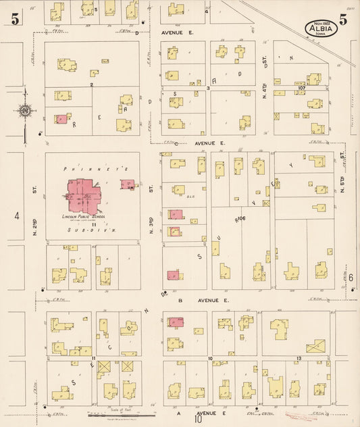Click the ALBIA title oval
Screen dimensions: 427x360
coord(317,28)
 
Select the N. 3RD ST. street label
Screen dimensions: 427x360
coord(151,218)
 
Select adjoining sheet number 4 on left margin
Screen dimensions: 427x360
coord(15,217)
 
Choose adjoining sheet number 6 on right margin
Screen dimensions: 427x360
coord(351,278)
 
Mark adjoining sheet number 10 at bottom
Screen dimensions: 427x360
coord(199,420)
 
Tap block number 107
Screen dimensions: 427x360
coord(301,88)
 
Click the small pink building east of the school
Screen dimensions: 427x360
coord(127,184)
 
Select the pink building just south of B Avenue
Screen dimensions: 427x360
coord(175,322)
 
